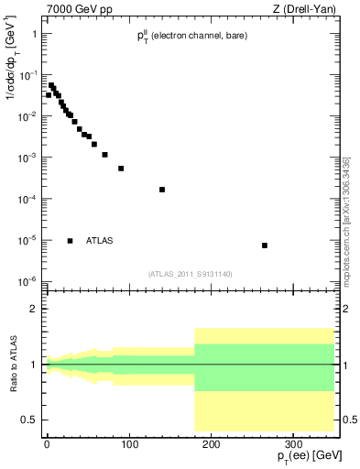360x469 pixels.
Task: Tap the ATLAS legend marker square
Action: (70, 241)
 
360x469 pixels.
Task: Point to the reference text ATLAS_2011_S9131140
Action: (191, 274)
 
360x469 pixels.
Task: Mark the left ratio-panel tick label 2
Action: (33, 309)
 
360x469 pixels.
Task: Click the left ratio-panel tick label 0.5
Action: (28, 420)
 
